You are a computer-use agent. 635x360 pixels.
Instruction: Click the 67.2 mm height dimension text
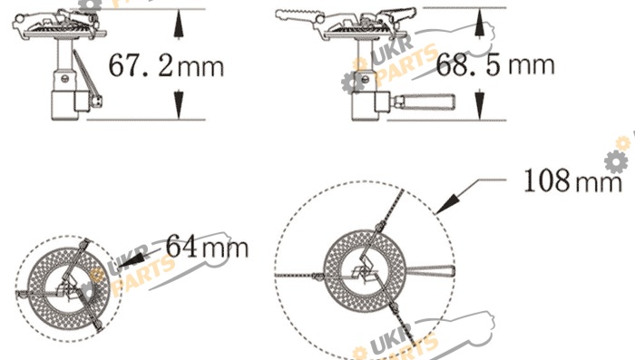click(166, 65)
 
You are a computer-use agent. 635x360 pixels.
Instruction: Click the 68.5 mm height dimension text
click(495, 64)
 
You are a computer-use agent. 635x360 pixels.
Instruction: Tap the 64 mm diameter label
click(207, 246)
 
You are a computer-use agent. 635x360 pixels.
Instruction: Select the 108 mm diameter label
click(572, 180)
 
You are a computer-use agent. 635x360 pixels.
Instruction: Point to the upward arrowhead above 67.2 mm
click(178, 24)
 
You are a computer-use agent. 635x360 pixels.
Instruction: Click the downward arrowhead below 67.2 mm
click(178, 105)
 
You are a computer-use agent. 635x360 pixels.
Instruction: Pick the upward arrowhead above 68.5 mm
click(480, 24)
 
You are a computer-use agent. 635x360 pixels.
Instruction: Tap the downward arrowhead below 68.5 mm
click(480, 105)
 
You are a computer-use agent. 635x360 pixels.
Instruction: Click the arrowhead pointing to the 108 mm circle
click(448, 203)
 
